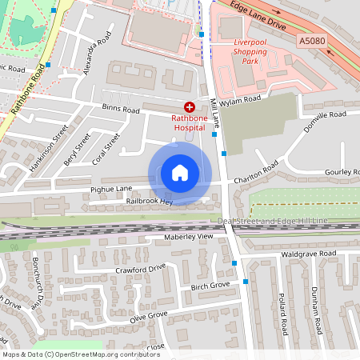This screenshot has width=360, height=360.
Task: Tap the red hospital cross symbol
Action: pos(189,106)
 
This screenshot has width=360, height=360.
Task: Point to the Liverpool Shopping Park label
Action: pos(244,52)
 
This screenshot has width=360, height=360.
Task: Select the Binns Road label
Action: pos(120,110)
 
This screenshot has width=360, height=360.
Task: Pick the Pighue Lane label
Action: pos(112,189)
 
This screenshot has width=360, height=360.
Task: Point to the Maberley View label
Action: pos(190,237)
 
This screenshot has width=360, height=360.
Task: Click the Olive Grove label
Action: pos(148,315)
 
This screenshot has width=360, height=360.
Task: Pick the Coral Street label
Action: pos(106,146)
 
